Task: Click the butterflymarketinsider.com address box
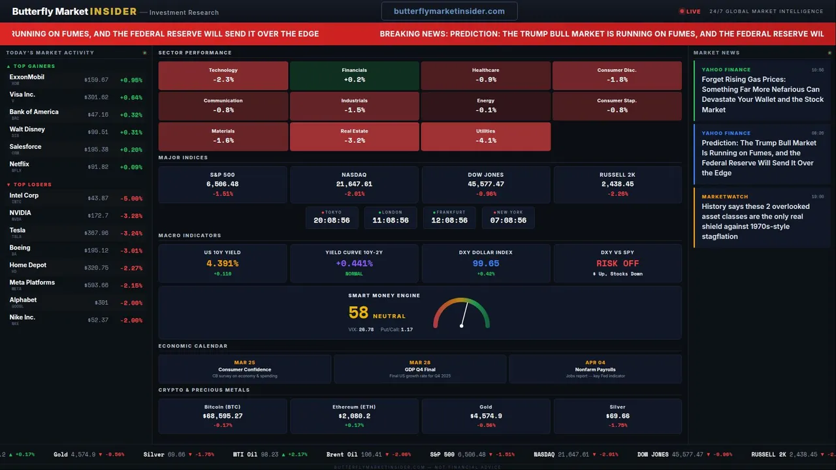[x=449, y=11]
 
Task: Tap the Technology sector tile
[x=223, y=75]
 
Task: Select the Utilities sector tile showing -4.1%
[x=486, y=136]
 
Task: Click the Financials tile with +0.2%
[x=354, y=75]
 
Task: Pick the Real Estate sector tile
[x=354, y=136]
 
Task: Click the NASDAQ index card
[x=354, y=184]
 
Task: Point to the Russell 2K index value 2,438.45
[x=617, y=184]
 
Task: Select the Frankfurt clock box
[x=449, y=217]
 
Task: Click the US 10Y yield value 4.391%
[x=223, y=264]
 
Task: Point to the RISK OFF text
[x=617, y=264]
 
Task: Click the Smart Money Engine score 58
[x=359, y=313]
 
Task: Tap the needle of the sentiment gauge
[x=464, y=315]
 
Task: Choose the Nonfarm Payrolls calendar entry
[x=595, y=369]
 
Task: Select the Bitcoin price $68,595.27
[x=223, y=416]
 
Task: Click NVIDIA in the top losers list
[x=20, y=213]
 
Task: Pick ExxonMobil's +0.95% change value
[x=131, y=80]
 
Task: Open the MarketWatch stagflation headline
[x=756, y=221]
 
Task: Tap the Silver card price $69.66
[x=617, y=416]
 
